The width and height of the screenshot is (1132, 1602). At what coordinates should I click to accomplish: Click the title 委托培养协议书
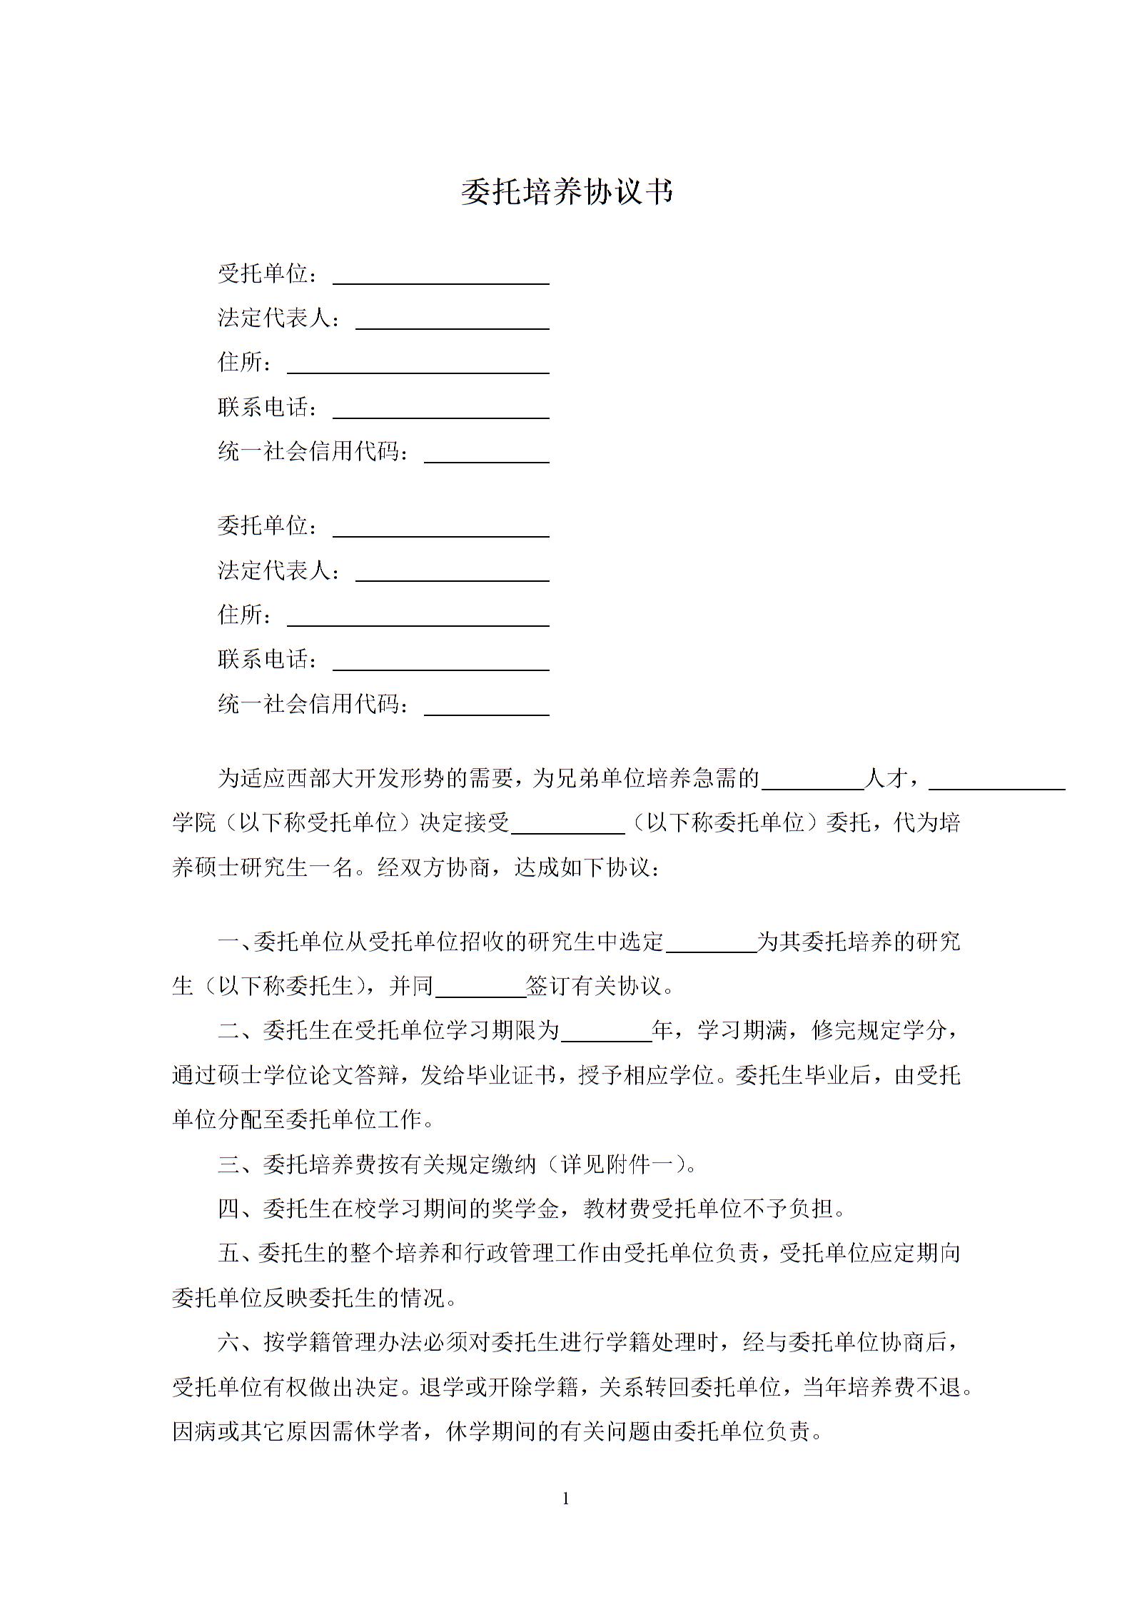(x=567, y=192)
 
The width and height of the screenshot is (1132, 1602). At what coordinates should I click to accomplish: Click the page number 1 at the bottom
(x=566, y=1499)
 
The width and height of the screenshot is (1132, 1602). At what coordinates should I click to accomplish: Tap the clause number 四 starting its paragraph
(x=229, y=1209)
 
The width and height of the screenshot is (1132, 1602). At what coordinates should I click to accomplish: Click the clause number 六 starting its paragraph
(x=229, y=1343)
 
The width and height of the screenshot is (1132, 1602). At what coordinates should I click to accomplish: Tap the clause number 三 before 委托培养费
(x=229, y=1165)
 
